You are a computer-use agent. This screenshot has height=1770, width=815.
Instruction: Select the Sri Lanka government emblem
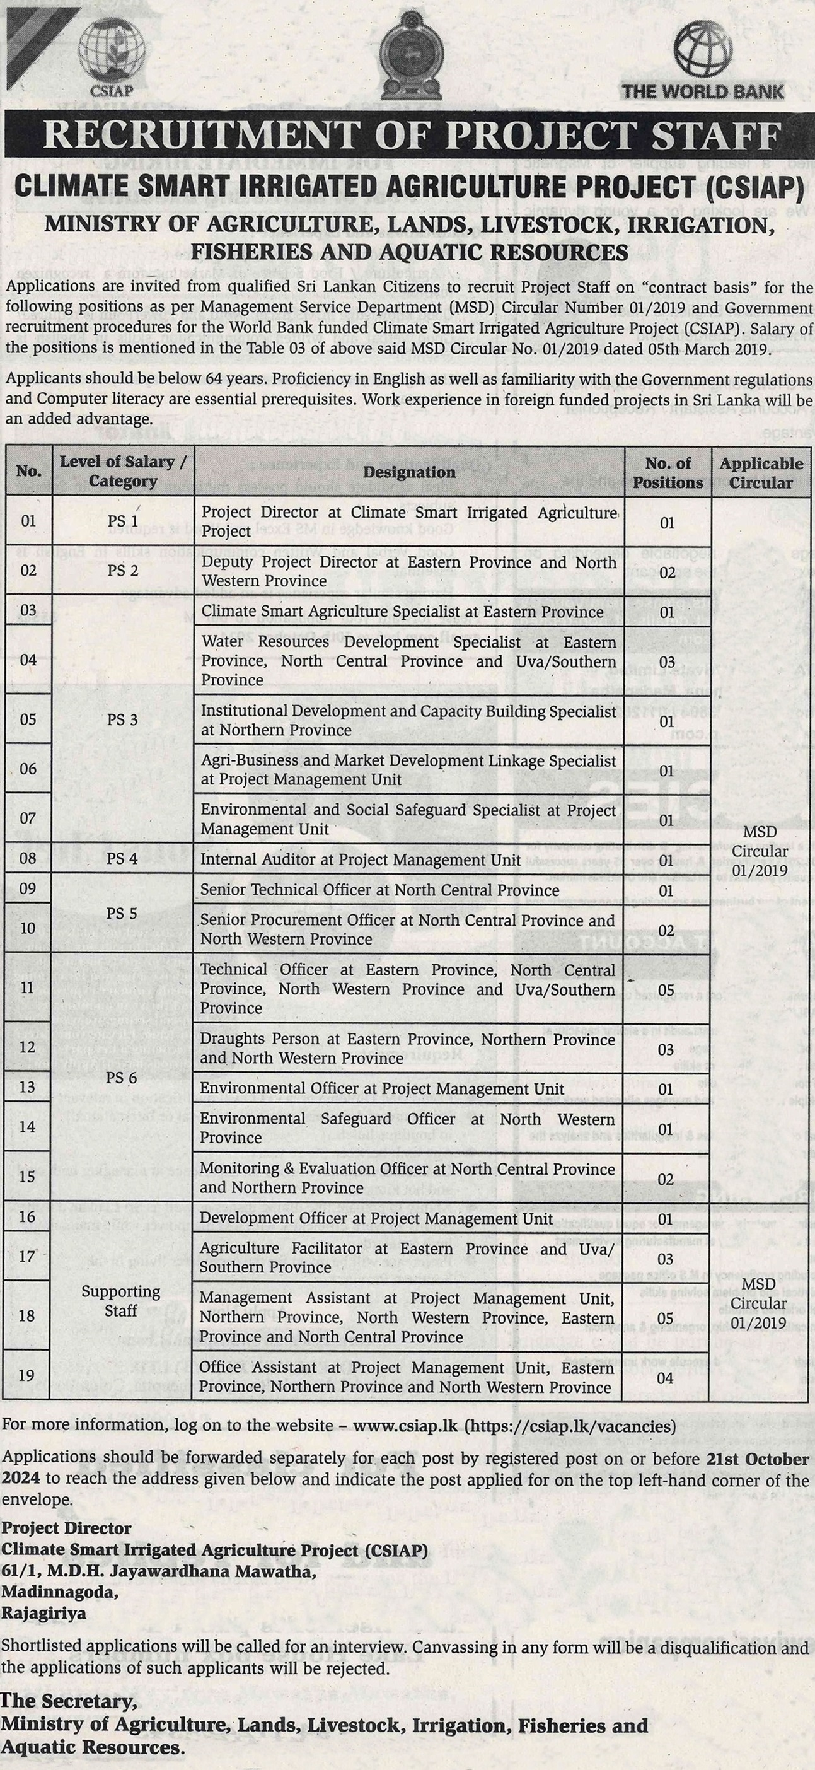(407, 55)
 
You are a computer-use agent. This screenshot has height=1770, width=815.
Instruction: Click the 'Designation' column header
(409, 472)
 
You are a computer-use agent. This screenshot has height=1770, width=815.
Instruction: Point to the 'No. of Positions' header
(668, 473)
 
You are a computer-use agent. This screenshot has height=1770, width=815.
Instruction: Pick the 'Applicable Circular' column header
(761, 473)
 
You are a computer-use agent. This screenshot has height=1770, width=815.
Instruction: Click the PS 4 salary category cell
(122, 859)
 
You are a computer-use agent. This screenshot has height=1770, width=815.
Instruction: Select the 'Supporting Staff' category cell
(121, 1301)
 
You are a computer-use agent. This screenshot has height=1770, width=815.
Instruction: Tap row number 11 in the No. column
(28, 988)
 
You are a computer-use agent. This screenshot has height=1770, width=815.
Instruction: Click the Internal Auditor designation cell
(361, 859)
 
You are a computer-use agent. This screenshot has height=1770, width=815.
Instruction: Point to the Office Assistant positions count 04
(664, 1378)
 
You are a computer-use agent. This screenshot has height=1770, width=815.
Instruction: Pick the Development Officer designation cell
(376, 1219)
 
